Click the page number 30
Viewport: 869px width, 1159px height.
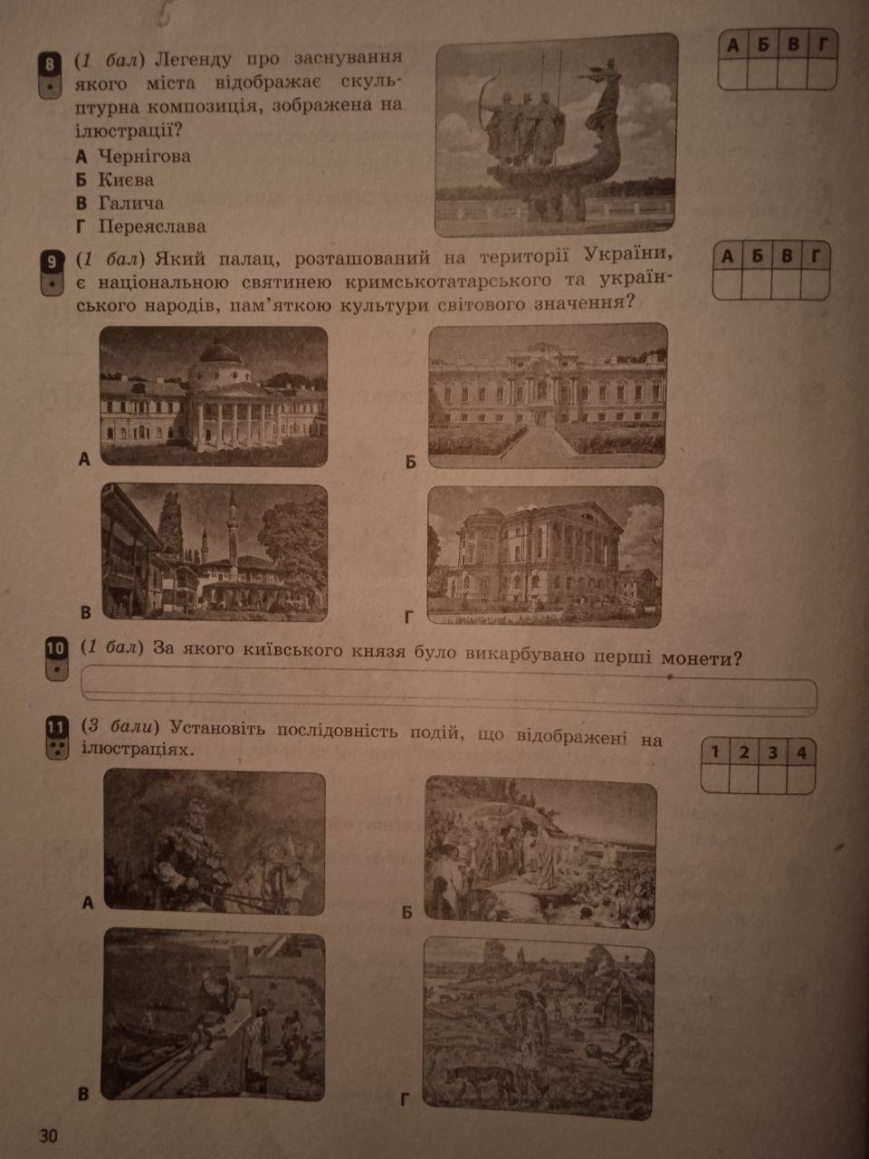tap(48, 1135)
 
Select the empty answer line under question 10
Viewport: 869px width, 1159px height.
tap(449, 691)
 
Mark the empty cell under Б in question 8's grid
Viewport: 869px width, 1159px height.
tap(762, 73)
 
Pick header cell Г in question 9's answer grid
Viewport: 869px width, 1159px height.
tap(816, 256)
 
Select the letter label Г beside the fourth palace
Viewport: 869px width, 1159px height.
tap(408, 617)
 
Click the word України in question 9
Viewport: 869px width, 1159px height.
tap(629, 255)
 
